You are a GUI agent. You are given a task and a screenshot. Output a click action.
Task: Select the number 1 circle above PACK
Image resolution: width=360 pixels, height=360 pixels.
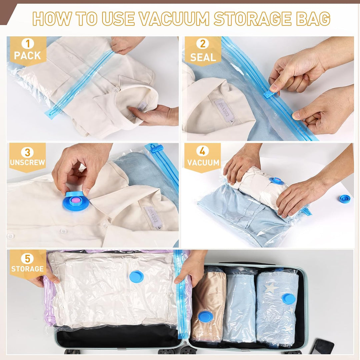[x=28, y=43]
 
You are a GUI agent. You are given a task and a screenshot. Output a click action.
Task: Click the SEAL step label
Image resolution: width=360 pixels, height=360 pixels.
[x=203, y=57]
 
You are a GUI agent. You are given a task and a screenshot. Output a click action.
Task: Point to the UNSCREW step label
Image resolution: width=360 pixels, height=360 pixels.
[x=27, y=162]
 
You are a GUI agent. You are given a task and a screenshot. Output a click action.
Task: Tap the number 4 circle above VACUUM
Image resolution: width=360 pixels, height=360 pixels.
[x=202, y=151]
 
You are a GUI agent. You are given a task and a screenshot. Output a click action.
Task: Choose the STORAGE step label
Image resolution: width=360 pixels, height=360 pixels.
[x=27, y=269]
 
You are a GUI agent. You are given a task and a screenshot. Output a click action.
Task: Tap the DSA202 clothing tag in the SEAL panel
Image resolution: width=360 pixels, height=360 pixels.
[x=224, y=110]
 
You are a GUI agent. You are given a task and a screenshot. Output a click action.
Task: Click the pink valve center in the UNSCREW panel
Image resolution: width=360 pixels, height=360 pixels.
[x=75, y=200]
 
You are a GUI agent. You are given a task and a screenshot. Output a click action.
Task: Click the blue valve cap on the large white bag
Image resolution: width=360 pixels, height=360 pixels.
[x=136, y=277]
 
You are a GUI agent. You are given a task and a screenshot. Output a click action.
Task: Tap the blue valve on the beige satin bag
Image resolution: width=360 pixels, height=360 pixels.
[x=205, y=317]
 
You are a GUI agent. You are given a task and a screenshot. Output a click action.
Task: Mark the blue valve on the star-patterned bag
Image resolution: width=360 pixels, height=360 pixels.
[x=288, y=298]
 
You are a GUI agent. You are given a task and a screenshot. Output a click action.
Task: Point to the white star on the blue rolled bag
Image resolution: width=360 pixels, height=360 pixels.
[x=271, y=288]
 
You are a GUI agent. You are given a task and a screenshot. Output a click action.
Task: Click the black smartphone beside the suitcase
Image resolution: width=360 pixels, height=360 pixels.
[x=322, y=347]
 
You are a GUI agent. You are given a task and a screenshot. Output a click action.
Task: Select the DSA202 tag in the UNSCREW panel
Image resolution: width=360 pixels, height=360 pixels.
[x=153, y=217]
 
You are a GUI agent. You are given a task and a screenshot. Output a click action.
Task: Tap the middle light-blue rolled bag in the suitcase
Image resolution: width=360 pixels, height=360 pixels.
[x=239, y=305]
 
